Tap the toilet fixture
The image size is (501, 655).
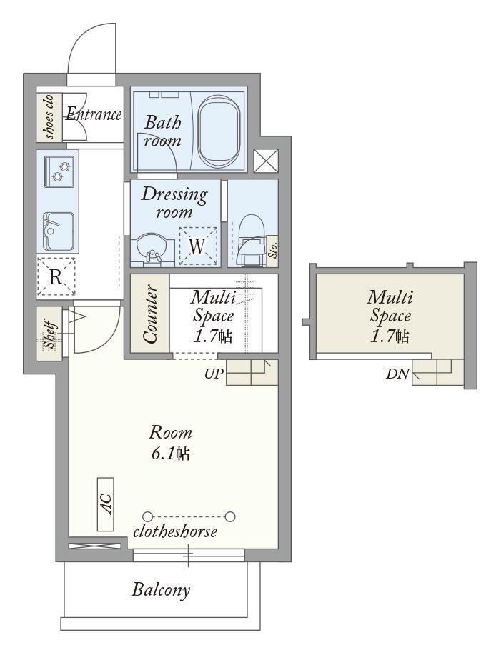[x=250, y=240]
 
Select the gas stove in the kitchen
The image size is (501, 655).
[x=60, y=171]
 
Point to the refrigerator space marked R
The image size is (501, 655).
[x=56, y=277]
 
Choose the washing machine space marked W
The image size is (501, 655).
[x=198, y=246]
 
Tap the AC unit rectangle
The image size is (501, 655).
[x=105, y=504]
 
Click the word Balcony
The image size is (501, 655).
[x=161, y=590]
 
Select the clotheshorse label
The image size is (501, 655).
[x=175, y=531]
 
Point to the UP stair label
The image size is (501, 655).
[x=214, y=373]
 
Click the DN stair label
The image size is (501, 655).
[x=397, y=374]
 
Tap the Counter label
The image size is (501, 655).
[x=150, y=314]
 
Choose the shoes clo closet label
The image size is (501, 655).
[x=49, y=117]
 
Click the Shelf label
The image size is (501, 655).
[x=50, y=335]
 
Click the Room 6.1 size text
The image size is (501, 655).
[x=171, y=443]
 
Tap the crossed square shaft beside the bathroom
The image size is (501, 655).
[x=266, y=161]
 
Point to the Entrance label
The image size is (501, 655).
[x=94, y=114]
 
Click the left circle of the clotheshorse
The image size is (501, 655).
[x=147, y=516]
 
